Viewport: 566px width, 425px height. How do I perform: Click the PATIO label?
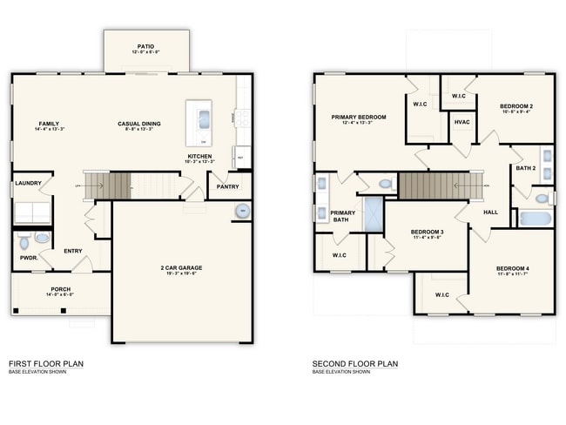146,46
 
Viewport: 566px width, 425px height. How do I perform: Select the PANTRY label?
227,186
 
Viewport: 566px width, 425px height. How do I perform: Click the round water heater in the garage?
240,211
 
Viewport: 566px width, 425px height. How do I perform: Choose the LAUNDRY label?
28,183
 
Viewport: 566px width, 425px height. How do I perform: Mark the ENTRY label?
73,252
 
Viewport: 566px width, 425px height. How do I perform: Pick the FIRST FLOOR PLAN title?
46,363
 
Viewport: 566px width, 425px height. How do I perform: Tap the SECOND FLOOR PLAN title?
355,363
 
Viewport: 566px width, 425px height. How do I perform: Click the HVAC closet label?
462,122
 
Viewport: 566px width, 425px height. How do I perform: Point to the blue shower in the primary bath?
373,213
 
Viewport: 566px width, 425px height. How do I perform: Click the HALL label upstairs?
491,212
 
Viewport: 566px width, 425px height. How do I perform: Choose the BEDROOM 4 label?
513,267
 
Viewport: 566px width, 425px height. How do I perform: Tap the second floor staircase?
441,186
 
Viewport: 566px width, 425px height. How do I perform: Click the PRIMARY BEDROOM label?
358,117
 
